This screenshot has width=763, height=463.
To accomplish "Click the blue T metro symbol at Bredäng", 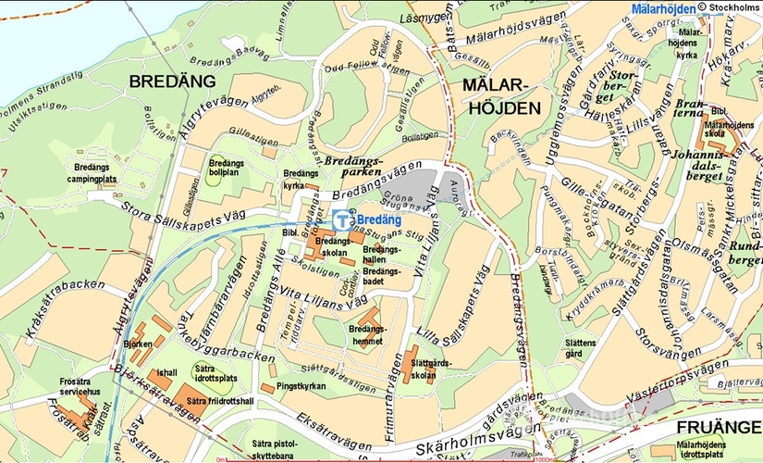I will coord(343,220).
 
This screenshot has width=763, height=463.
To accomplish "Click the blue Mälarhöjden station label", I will coord(663,9).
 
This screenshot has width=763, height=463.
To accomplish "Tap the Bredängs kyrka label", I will coord(301,179).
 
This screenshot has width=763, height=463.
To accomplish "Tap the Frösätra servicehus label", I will coord(80,386).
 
